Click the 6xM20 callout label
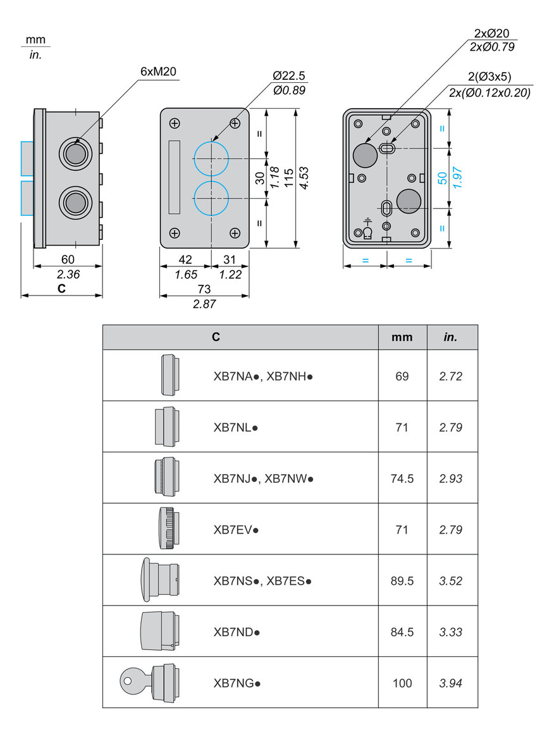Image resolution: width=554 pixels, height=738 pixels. [159, 72]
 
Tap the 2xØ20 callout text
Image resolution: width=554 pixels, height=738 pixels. [491, 34]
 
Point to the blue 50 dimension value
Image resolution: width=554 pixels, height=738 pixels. [443, 178]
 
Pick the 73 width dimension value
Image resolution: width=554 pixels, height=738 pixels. [204, 289]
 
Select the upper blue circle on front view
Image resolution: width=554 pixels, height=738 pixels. [211, 158]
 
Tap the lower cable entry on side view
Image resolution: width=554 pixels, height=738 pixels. [75, 203]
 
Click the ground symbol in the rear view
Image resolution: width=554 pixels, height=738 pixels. [367, 223]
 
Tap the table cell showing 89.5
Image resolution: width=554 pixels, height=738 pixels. [402, 580]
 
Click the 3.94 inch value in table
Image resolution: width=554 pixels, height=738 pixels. [452, 683]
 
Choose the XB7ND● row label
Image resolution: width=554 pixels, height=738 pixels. [237, 632]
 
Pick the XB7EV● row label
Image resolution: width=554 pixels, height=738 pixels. [236, 529]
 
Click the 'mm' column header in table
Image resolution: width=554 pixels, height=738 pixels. [402, 337]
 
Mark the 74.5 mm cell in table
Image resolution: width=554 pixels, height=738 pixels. [402, 478]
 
